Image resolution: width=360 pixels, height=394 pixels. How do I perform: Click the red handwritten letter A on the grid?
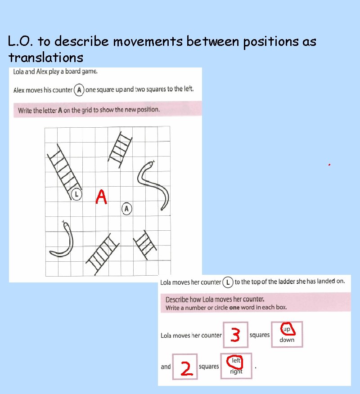(102, 197)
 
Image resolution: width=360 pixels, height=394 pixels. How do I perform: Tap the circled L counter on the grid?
(76, 194)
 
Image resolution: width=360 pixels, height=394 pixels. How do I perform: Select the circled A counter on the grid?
(127, 209)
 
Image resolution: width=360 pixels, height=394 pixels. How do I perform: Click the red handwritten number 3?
(235, 335)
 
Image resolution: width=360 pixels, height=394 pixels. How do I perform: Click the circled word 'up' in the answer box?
(287, 329)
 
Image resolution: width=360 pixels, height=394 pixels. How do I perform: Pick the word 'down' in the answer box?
(287, 340)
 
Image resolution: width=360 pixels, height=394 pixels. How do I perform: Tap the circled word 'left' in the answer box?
(236, 361)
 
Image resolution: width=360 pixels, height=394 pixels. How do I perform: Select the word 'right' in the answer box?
(236, 372)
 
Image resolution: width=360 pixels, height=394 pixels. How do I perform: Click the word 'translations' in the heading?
(45, 58)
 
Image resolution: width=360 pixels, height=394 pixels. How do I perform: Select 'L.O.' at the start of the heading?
(20, 42)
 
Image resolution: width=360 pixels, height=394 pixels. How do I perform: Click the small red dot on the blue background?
(329, 165)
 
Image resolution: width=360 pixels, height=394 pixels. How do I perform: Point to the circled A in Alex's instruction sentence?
(79, 90)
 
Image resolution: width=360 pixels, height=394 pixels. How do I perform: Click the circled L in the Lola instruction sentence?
(228, 282)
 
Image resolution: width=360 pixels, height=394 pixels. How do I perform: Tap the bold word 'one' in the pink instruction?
(234, 308)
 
